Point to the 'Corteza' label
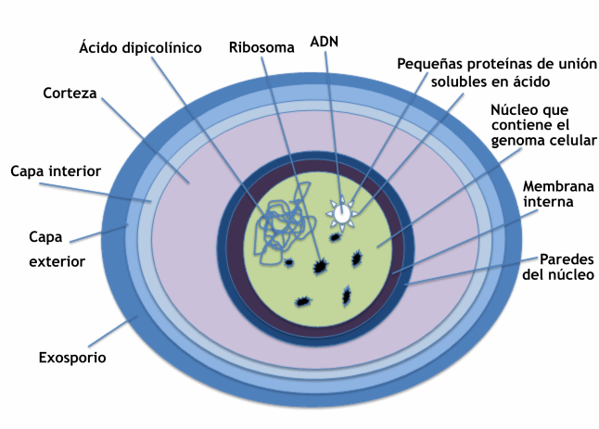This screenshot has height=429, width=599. click(70, 93)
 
